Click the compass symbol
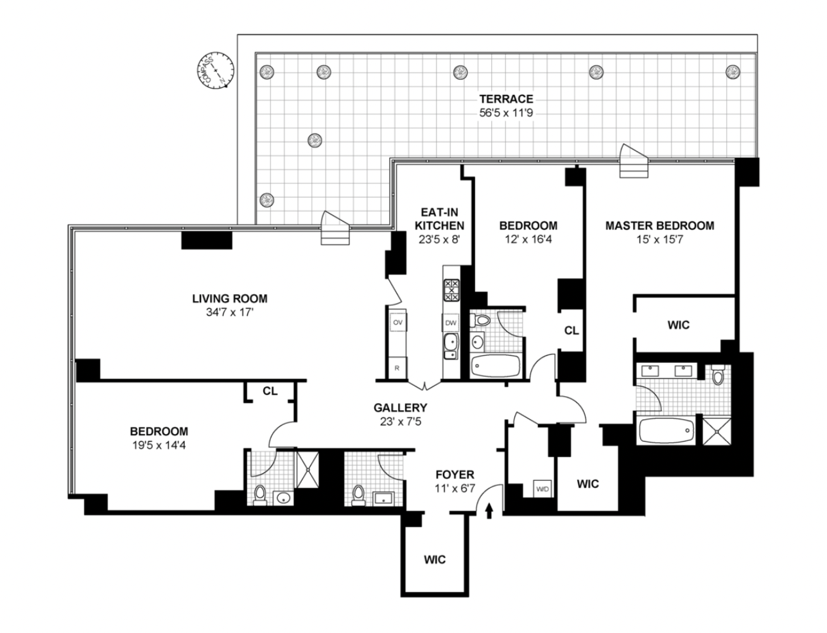(216, 69)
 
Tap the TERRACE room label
(506, 99)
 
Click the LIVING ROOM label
(230, 299)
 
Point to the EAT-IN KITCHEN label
(439, 219)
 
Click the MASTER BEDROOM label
(659, 226)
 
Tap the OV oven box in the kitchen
(397, 322)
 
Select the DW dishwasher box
(451, 322)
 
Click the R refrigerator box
(397, 369)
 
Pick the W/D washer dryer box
(543, 490)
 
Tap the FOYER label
(455, 475)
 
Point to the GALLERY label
(401, 408)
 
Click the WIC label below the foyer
(434, 559)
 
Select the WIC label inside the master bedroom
(678, 325)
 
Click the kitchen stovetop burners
(452, 290)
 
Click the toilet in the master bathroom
(718, 375)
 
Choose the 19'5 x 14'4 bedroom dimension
(159, 445)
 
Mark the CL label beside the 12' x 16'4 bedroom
(571, 331)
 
